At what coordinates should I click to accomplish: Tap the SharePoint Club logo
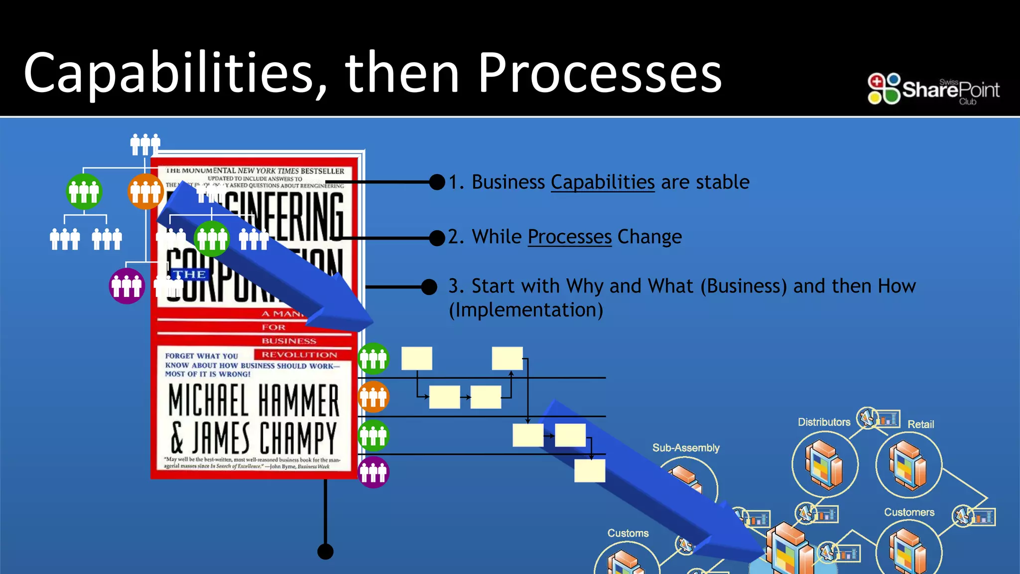(x=933, y=89)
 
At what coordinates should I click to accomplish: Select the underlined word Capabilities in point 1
(x=602, y=182)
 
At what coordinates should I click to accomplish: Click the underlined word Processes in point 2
(x=569, y=237)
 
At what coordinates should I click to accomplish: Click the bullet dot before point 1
(x=437, y=182)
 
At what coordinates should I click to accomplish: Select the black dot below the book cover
(x=325, y=552)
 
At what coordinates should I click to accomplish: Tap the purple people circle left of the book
(x=127, y=286)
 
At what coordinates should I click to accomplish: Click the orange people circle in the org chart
(x=145, y=192)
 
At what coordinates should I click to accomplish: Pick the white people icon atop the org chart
(x=145, y=144)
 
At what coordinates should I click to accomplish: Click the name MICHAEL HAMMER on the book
(x=254, y=400)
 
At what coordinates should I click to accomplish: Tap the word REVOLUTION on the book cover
(x=299, y=355)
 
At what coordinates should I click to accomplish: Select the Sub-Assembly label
(x=686, y=448)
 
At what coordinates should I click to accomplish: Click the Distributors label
(x=824, y=422)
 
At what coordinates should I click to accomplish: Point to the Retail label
(x=920, y=425)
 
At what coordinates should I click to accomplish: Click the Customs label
(x=628, y=533)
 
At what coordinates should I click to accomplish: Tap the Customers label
(x=909, y=512)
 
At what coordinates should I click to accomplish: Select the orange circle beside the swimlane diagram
(x=373, y=397)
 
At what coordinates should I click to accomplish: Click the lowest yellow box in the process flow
(x=590, y=471)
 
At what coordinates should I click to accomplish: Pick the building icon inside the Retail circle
(x=908, y=464)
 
